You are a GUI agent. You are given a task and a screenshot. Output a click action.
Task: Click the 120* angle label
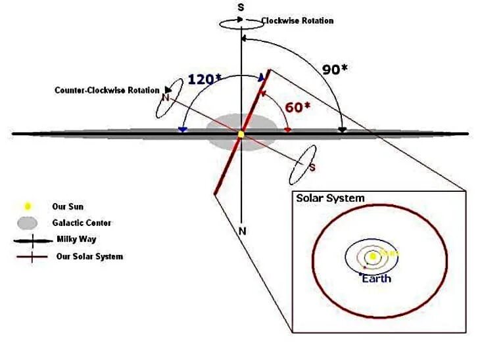[x=205, y=79]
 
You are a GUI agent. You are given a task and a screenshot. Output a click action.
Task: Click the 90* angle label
[x=335, y=69]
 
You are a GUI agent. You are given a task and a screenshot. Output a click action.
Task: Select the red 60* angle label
[x=297, y=107]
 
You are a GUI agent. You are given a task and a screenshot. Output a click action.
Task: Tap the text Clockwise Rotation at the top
[x=297, y=21]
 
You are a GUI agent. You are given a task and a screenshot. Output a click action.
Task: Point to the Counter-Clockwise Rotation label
[x=107, y=90]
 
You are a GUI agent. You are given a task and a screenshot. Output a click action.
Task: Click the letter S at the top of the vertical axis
[x=242, y=7]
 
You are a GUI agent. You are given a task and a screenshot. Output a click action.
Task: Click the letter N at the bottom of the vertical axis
[x=243, y=231]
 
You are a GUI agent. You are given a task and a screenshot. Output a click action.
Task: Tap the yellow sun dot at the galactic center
[x=241, y=134]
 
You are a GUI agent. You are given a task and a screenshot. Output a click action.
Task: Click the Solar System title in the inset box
[x=330, y=198]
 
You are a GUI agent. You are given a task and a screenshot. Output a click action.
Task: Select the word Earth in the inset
[x=376, y=279]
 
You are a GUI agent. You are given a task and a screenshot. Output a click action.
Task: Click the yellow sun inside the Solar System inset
[x=372, y=256]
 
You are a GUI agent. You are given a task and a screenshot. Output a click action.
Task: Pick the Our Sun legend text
[x=68, y=206]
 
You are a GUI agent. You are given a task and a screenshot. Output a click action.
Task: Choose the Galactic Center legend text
[x=82, y=223]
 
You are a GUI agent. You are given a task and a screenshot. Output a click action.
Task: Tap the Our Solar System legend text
[x=89, y=256]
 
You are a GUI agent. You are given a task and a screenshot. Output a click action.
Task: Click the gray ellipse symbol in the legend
[x=28, y=223]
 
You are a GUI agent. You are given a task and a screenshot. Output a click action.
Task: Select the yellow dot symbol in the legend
[x=28, y=206]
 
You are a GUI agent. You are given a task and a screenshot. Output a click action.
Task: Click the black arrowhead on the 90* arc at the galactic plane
[x=342, y=130]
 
